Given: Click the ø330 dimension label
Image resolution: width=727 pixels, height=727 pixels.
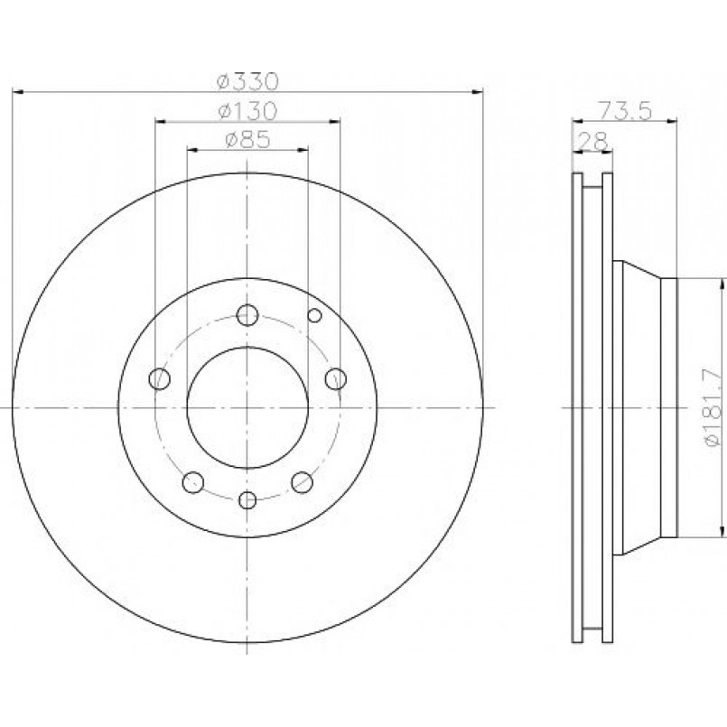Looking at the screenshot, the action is click(248, 81).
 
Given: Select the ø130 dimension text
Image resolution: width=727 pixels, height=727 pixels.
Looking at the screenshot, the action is click(247, 111).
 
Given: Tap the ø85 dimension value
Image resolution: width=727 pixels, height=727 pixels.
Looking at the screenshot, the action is click(247, 140).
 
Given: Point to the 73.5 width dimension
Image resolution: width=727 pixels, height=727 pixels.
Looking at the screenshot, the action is click(626, 111).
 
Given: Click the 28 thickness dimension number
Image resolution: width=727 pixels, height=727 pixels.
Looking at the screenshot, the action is click(594, 141).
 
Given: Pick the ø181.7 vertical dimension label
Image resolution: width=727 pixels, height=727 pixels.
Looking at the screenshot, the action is click(713, 407).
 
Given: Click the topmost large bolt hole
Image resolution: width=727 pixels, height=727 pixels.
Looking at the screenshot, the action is click(247, 315).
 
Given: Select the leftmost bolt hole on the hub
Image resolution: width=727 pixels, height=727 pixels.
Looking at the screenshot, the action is click(160, 378).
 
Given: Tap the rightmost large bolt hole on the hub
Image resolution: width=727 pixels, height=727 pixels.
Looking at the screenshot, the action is click(336, 378).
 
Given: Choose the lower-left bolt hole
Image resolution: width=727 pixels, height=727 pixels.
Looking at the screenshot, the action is click(193, 482).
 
